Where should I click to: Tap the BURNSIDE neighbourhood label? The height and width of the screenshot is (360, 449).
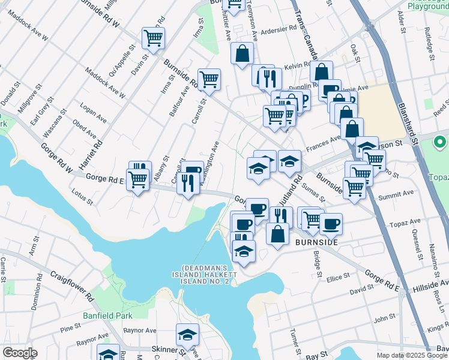coord(316,242)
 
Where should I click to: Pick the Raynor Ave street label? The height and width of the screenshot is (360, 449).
coord(139,330)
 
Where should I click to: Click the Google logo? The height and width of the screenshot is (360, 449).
coord(20,353)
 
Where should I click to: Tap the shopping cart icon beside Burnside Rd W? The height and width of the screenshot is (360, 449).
coord(153,38)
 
